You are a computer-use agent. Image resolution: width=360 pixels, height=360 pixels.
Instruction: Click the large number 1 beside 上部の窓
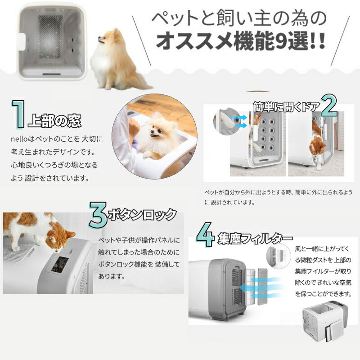pos(18,115)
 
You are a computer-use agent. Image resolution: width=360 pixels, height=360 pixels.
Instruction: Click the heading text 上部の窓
pos(54,122)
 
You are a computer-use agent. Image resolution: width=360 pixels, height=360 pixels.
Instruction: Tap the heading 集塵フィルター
pos(254,237)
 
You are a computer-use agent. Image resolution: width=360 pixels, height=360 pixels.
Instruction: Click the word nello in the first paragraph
pos(19,139)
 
